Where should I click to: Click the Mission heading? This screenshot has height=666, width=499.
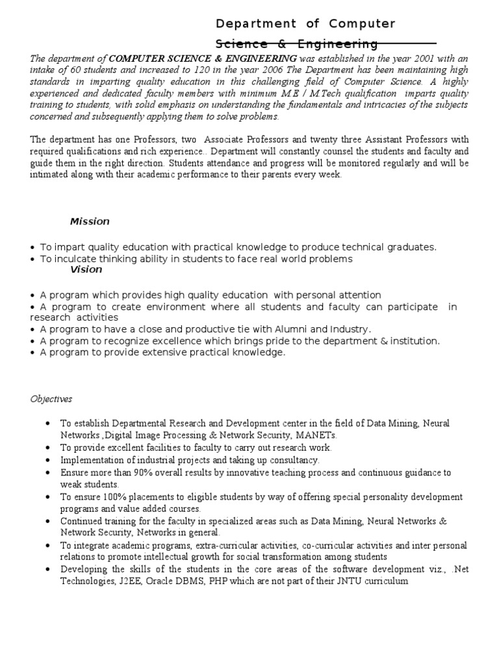pyautogui.click(x=90, y=222)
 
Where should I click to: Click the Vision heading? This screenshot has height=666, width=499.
pyautogui.click(x=86, y=269)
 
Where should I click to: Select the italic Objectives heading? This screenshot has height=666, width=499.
pyautogui.click(x=51, y=399)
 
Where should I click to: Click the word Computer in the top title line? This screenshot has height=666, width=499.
pyautogui.click(x=362, y=24)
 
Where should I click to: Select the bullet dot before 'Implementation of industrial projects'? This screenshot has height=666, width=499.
pyautogui.click(x=49, y=460)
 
